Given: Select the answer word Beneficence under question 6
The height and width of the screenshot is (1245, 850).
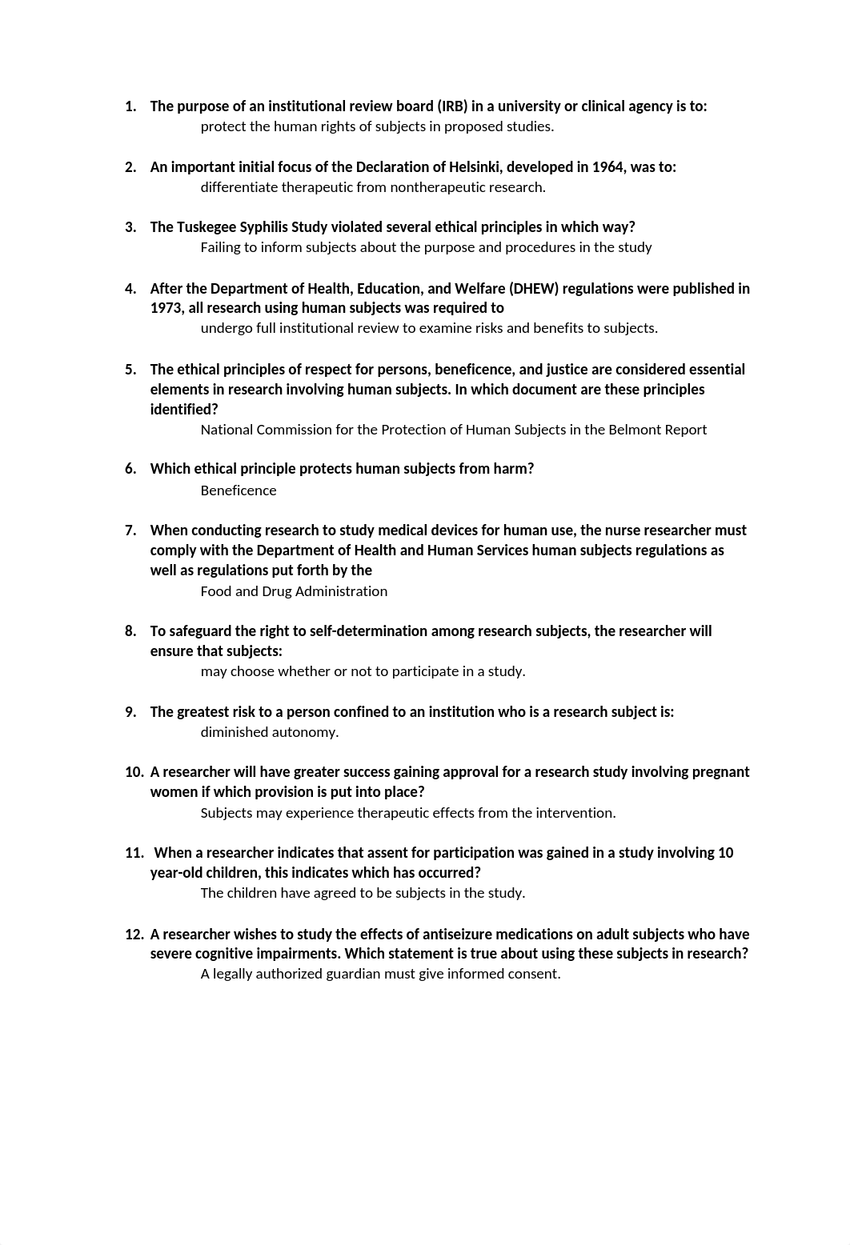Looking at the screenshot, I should [239, 490].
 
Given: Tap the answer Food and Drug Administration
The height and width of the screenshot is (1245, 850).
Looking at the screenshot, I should [294, 591].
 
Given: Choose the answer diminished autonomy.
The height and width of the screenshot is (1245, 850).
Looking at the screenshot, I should [269, 732].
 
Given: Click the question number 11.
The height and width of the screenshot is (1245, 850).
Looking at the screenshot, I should [134, 853].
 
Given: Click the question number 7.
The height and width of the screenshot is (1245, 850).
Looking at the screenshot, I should [130, 530].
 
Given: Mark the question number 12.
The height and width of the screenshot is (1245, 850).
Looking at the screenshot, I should [134, 935].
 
